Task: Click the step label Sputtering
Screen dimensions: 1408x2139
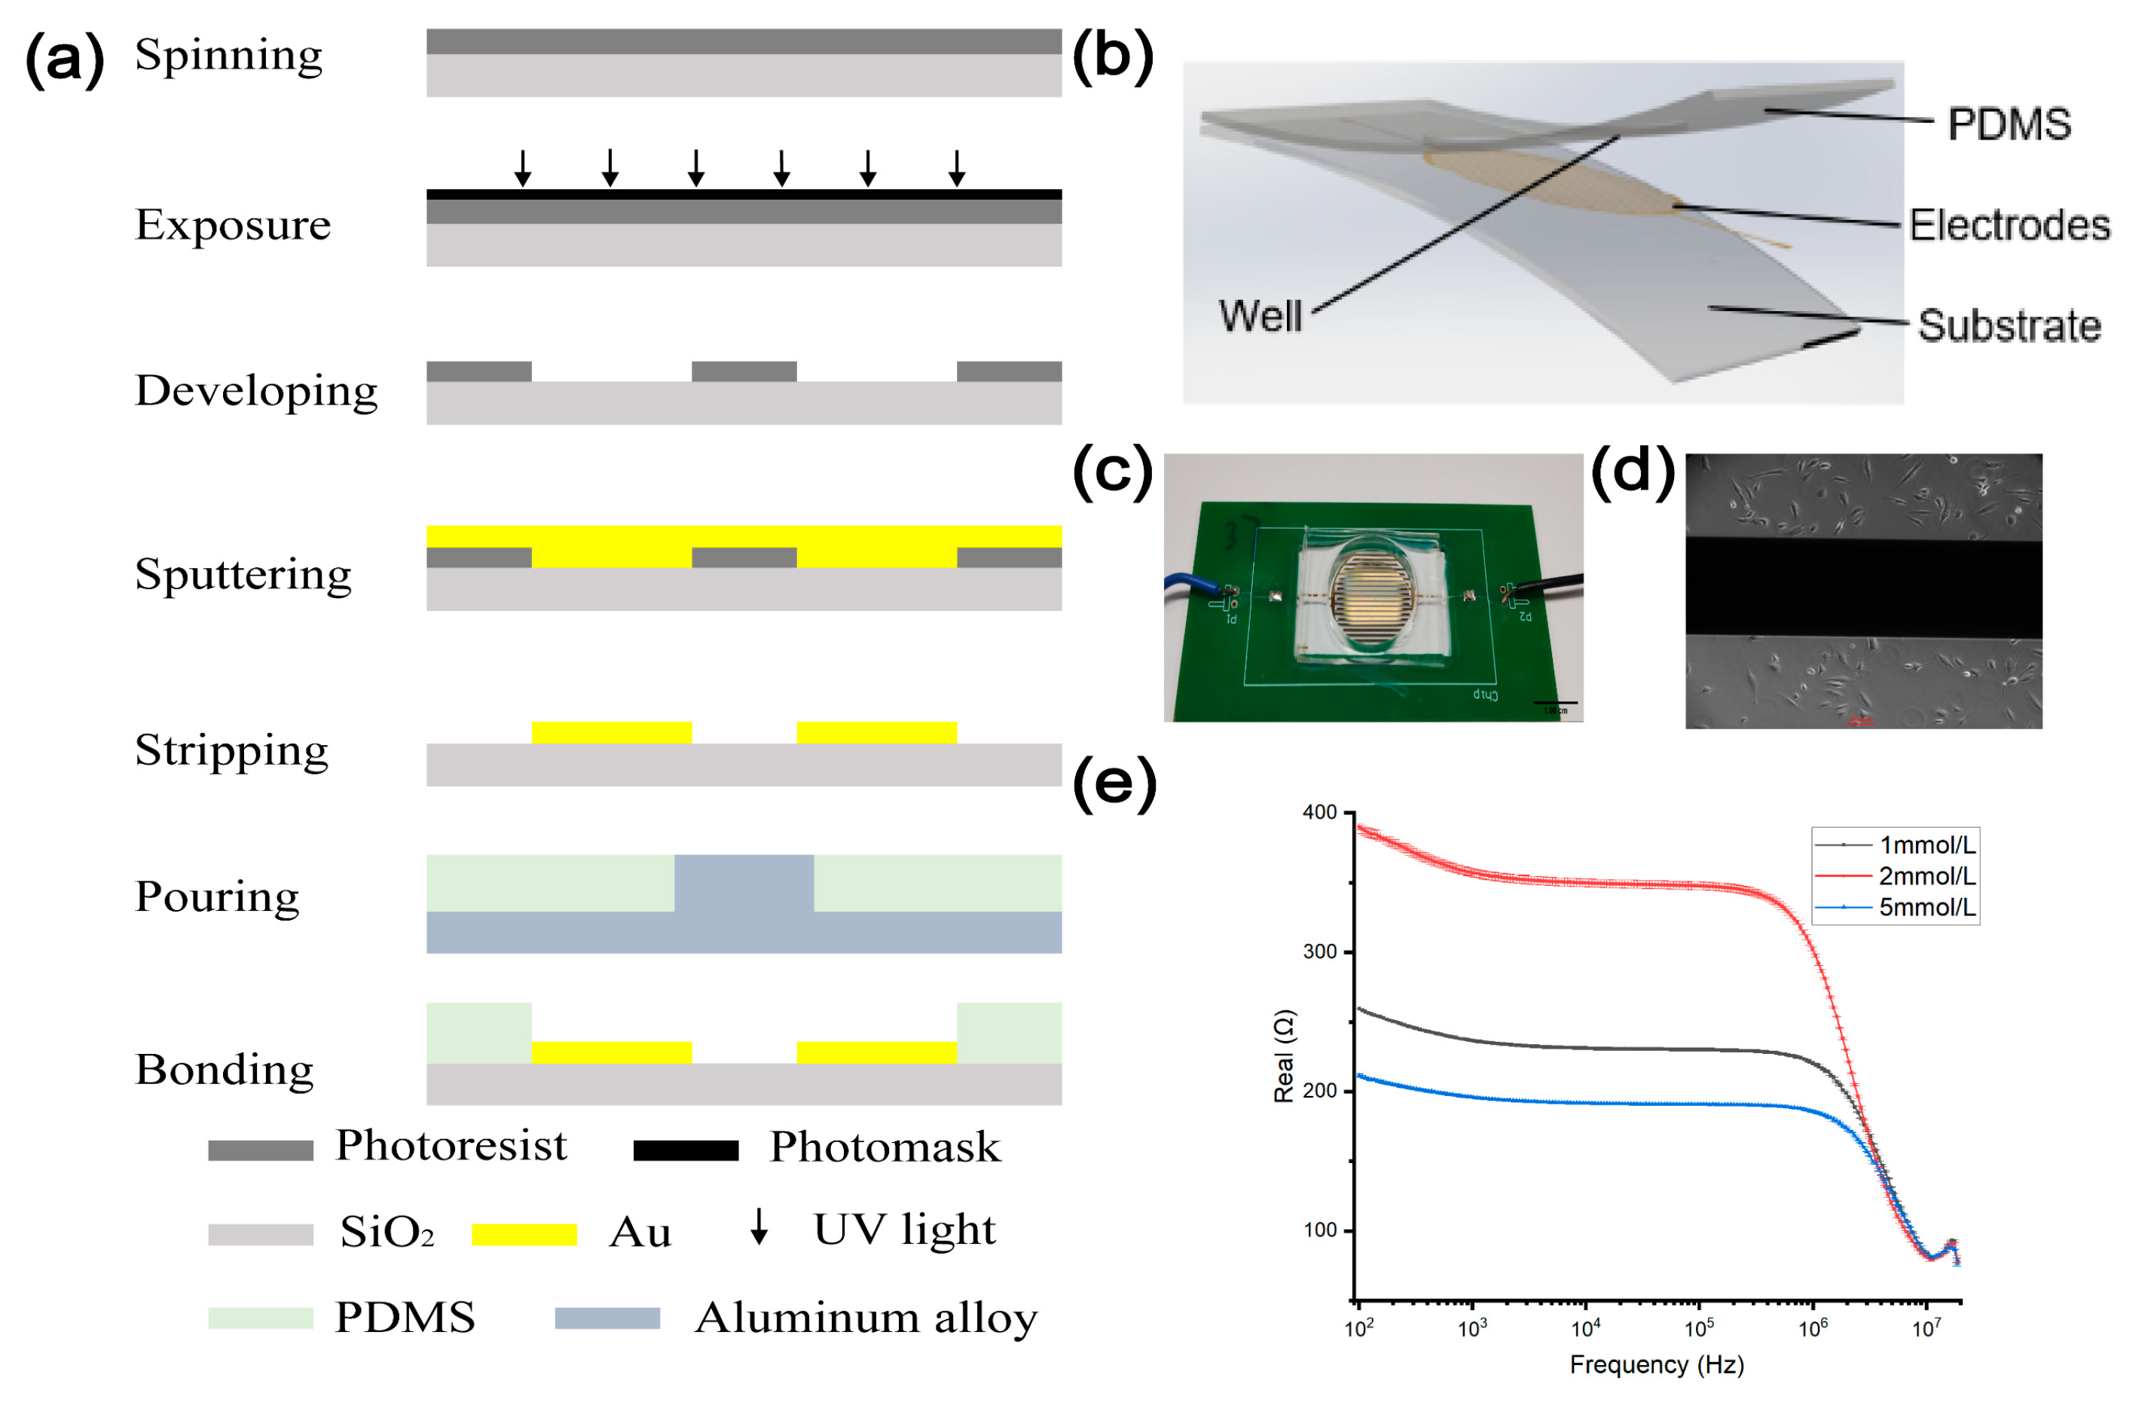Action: [243, 575]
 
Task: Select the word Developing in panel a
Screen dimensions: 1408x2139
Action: [256, 392]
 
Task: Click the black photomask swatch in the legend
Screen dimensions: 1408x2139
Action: [685, 1150]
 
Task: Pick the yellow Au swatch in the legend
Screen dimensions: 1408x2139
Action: [524, 1235]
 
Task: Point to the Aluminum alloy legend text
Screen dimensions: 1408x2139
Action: [866, 1318]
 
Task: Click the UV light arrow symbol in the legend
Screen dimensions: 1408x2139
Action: [759, 1226]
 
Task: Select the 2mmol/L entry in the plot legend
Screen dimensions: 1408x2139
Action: [1926, 876]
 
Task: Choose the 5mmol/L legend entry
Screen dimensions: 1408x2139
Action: [1926, 908]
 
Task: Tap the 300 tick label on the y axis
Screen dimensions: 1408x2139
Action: [1319, 951]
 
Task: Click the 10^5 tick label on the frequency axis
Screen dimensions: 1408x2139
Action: [1698, 1329]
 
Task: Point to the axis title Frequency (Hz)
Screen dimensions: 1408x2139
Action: [1656, 1365]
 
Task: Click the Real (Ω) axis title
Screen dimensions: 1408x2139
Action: [1283, 1055]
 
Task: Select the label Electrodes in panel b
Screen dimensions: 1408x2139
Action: [2009, 225]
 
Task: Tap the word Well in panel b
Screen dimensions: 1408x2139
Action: [1260, 316]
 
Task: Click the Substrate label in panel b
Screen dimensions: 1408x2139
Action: [2009, 325]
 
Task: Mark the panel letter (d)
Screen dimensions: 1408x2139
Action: [1632, 471]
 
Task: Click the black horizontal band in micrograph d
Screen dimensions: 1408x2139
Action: [1863, 588]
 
